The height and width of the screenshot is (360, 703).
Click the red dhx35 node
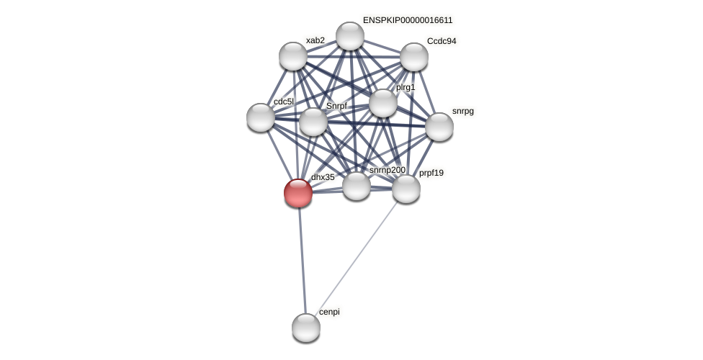point(298,193)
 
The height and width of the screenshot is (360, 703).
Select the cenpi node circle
point(306,328)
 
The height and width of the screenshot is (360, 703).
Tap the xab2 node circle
point(293,56)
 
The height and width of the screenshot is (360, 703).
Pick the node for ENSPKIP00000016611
point(350,36)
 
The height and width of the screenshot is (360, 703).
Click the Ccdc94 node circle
point(414,57)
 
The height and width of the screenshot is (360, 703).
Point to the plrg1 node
point(383,103)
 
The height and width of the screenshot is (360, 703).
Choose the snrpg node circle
point(439,127)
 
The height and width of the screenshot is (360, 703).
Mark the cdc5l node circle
point(261,117)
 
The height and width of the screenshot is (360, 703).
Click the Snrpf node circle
point(313,122)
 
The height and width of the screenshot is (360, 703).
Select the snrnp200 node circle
point(357,186)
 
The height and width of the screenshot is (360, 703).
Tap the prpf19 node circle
point(406,189)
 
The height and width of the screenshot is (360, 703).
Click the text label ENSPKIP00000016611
point(408,20)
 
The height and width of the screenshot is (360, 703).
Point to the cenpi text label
point(329,312)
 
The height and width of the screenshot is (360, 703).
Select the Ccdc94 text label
point(442,41)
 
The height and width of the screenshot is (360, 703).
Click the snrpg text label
point(463,111)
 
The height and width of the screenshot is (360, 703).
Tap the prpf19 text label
point(431,173)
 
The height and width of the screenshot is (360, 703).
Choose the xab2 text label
point(315,40)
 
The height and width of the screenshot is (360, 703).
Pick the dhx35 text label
point(323,177)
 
